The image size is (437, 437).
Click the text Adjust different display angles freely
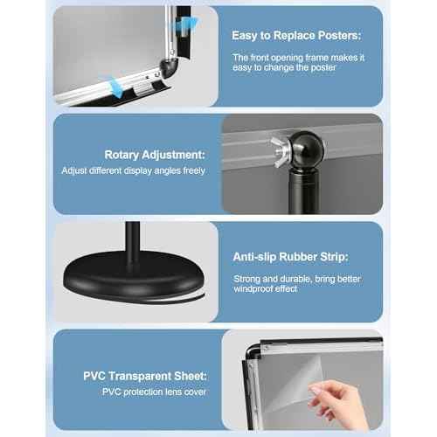click(x=134, y=170)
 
